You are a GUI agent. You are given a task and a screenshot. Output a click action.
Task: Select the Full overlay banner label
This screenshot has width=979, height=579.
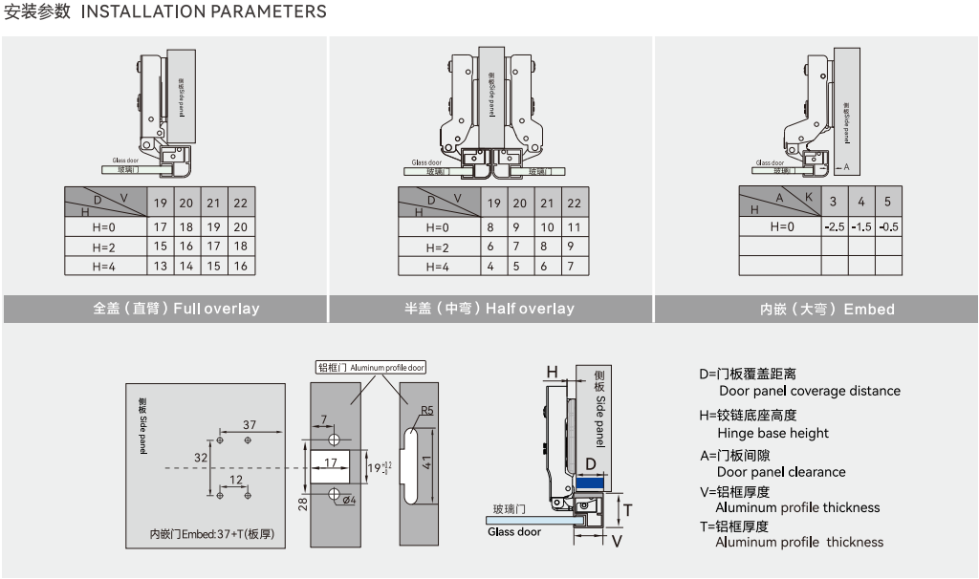[x=177, y=309]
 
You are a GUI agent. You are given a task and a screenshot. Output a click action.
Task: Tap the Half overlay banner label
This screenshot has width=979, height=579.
[x=489, y=309]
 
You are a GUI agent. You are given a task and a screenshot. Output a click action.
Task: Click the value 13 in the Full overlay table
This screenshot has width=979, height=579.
[x=160, y=267]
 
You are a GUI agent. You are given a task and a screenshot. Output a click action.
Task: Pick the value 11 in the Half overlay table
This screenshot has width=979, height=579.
[x=574, y=227]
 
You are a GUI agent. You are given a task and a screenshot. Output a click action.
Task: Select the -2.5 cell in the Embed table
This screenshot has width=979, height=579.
[x=834, y=227]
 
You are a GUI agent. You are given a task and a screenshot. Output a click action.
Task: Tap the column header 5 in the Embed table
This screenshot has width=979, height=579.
[x=887, y=202]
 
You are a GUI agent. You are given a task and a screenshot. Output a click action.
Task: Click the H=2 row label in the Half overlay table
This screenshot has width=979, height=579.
[x=437, y=247]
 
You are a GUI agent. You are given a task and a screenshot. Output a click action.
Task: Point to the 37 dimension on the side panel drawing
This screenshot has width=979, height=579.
[x=250, y=424]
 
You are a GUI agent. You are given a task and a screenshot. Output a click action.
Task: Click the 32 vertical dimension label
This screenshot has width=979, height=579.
[x=201, y=459]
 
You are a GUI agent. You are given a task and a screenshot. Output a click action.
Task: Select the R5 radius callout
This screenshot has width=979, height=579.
[x=427, y=412]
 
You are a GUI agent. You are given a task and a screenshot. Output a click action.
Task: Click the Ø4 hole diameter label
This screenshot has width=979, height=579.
[x=349, y=500]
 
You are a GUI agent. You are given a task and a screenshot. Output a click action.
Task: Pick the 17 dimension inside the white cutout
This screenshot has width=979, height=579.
[x=330, y=463]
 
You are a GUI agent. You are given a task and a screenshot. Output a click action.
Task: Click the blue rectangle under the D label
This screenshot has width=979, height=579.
[x=590, y=483]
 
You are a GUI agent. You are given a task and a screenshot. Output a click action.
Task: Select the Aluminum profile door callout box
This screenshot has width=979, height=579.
[x=371, y=368]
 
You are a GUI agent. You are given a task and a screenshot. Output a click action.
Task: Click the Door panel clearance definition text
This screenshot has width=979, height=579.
[x=781, y=472]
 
